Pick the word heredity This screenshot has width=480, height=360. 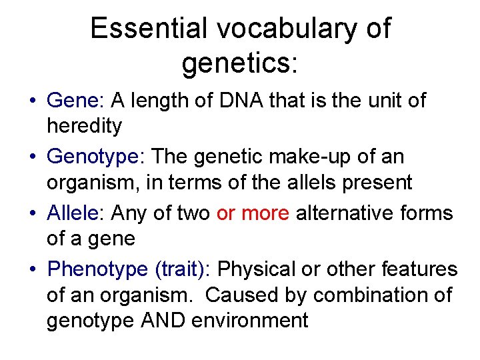click(x=85, y=125)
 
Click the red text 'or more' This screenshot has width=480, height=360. click(x=253, y=213)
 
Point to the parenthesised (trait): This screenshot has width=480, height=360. click(x=182, y=269)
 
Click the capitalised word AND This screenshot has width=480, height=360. click(x=163, y=321)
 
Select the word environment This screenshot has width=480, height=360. click(x=250, y=321)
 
